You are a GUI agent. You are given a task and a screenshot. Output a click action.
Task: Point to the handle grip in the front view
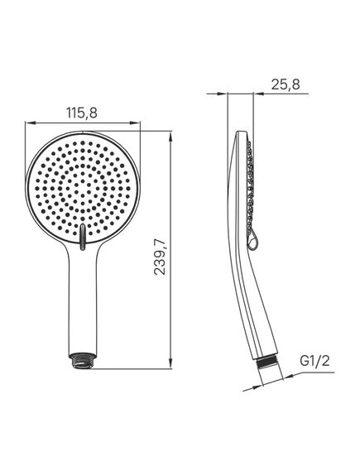pyautogui.click(x=84, y=315)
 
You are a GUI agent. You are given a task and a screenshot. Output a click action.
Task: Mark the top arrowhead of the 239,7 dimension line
pyautogui.click(x=170, y=132)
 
